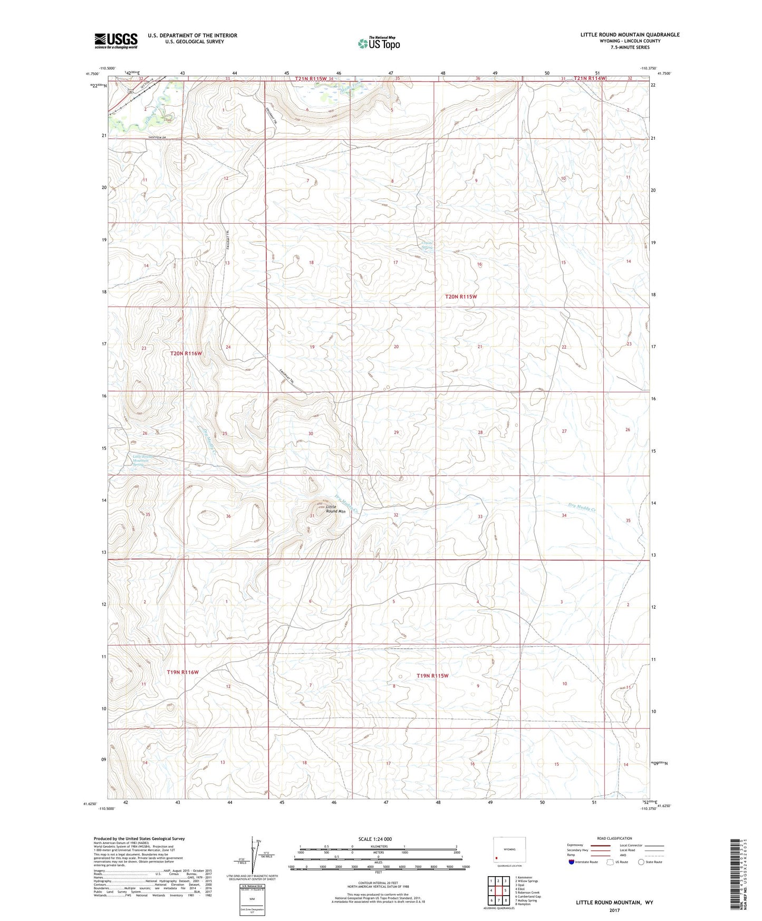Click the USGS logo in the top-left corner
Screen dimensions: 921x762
coord(116,41)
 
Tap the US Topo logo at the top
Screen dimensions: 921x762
coord(379,43)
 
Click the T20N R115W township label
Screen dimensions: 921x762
coord(461,297)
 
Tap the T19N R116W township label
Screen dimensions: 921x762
coord(182,672)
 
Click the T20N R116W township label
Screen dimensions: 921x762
coord(186,353)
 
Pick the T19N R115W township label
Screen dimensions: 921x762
coord(432,676)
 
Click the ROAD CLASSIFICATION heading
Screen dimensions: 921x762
coord(614,838)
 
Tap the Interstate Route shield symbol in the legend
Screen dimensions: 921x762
coord(572,862)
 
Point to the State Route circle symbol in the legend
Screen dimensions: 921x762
coord(641,862)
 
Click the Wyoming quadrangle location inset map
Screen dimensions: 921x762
coord(508,851)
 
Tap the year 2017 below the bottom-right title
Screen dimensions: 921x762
coord(614,910)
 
